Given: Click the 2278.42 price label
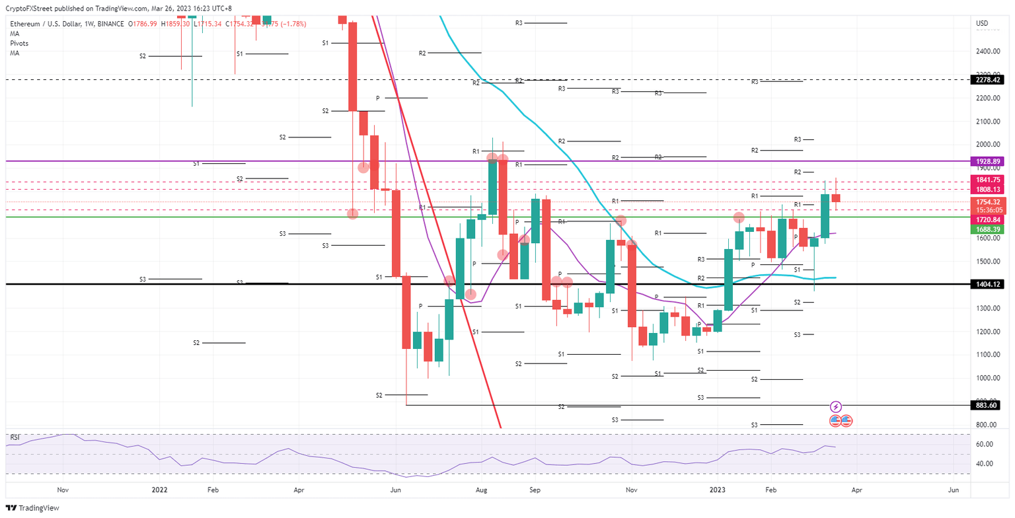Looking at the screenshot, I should point(989,80).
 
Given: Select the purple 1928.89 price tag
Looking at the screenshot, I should point(989,161).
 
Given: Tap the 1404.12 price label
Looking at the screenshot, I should point(989,284).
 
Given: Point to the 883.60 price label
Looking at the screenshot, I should point(989,406).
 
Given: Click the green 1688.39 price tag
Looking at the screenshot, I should point(989,229).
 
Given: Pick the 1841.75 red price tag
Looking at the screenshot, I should point(989,180).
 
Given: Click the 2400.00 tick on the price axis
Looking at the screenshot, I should point(986,52).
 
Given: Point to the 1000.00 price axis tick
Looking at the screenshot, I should point(986,378).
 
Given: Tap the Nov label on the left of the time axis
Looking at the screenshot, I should point(63,490).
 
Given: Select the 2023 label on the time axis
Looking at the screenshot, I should point(718,490).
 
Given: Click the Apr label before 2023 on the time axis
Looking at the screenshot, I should point(299,490).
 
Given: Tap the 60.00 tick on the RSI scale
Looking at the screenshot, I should point(984,445).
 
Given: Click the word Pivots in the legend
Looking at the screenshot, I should point(19,43).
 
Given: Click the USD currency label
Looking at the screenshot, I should point(983,24).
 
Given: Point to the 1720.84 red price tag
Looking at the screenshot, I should point(989,219).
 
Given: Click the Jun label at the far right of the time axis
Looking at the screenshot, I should point(954,490).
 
